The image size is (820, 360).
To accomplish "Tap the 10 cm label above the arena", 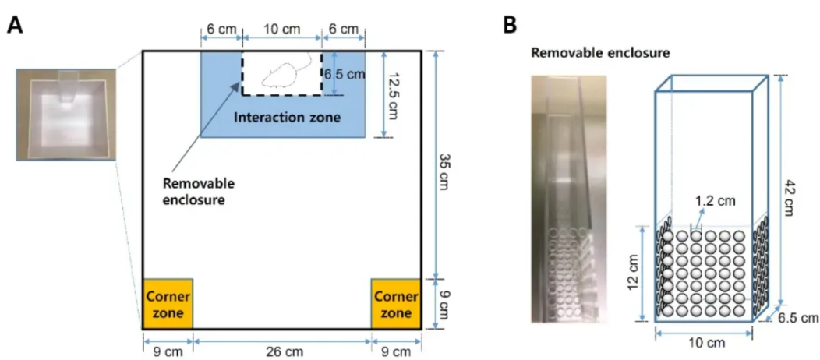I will tap(281, 29).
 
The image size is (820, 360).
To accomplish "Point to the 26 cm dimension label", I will tap(281, 351).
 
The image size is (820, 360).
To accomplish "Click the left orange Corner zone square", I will tap(168, 304).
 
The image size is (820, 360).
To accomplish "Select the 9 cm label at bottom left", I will tap(168, 351).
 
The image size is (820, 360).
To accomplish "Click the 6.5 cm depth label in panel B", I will tap(799, 318).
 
